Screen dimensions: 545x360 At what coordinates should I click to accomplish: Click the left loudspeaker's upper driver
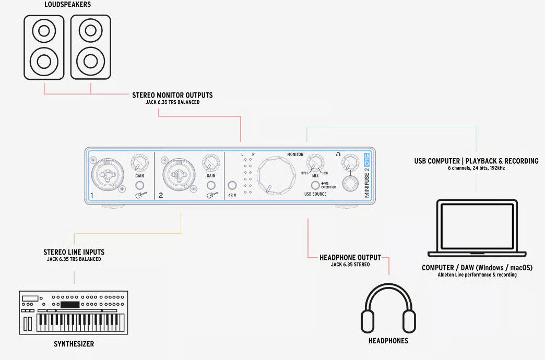[x=44, y=31]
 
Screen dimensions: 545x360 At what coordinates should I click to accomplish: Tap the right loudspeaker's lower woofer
[x=91, y=62]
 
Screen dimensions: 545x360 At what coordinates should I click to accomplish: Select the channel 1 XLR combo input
[x=108, y=174]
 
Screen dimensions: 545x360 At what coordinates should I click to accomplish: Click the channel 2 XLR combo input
[x=179, y=174]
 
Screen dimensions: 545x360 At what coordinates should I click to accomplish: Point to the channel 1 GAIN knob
[x=139, y=163]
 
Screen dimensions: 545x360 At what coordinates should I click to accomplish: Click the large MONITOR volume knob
[x=276, y=175]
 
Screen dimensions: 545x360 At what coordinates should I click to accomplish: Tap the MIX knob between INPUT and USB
[x=315, y=163]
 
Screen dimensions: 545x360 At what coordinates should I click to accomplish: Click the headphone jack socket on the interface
[x=350, y=184]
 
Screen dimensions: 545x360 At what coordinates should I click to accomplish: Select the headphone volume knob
[x=350, y=162]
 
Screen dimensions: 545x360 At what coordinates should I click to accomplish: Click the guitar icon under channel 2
[x=212, y=195]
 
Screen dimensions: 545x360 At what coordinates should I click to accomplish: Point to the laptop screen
[x=477, y=226]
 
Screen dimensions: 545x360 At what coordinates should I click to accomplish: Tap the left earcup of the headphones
[x=368, y=321]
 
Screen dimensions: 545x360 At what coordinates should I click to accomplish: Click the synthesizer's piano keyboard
[x=80, y=322]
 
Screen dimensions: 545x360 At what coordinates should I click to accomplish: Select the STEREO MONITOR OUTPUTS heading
[x=172, y=95]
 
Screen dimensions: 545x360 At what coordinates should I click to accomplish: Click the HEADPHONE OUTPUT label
[x=350, y=258]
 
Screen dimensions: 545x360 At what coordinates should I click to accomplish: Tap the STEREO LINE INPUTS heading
[x=74, y=253]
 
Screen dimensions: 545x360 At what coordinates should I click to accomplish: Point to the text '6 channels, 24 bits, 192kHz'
[x=476, y=168]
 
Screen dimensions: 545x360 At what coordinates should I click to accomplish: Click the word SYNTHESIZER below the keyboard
[x=74, y=344]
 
